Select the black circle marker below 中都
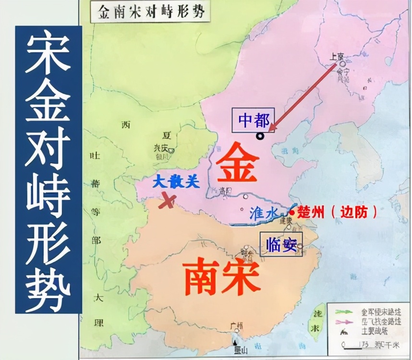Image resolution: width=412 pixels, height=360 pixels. click(x=260, y=136)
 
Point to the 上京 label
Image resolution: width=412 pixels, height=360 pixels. click(x=334, y=56)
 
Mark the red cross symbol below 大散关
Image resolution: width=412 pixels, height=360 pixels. click(x=167, y=201)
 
